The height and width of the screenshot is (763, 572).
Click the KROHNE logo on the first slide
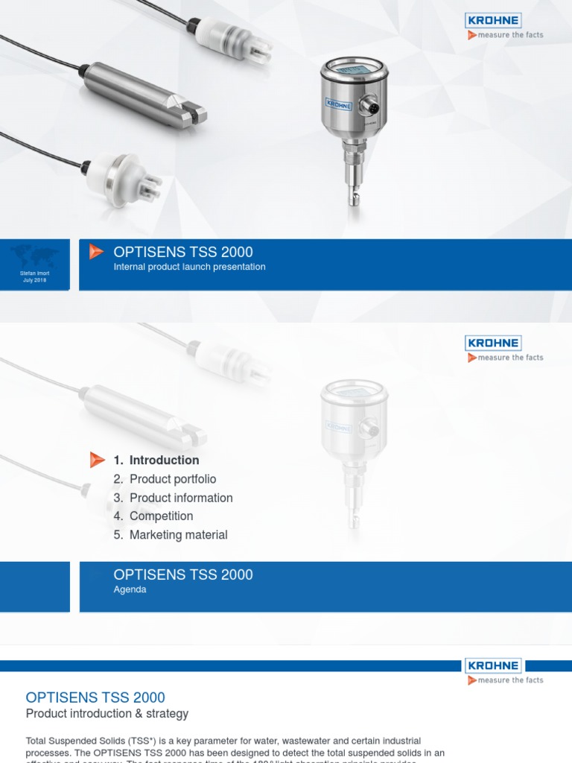click(494, 20)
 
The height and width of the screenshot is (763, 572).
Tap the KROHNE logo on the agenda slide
click(493, 343)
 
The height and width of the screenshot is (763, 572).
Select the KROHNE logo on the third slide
click(493, 665)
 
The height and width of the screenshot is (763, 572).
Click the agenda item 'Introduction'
click(164, 460)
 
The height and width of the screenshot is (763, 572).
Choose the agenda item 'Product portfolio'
click(172, 479)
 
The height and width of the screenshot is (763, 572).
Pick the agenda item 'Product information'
click(180, 498)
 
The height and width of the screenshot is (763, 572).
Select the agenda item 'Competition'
click(161, 516)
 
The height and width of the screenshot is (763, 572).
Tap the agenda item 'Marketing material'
click(178, 535)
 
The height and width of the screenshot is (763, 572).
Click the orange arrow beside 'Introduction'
click(97, 460)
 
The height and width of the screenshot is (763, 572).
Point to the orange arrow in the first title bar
click(96, 252)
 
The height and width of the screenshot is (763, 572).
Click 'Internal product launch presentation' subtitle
click(189, 267)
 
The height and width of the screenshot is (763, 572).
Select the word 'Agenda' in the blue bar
click(130, 589)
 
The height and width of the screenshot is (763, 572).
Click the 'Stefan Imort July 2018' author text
click(34, 277)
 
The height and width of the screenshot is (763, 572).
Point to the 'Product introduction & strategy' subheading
click(107, 714)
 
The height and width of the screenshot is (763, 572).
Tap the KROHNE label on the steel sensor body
click(338, 104)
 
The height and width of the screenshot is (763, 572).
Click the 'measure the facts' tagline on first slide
click(510, 35)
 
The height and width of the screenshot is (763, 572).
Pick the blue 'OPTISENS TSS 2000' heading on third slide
click(95, 697)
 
